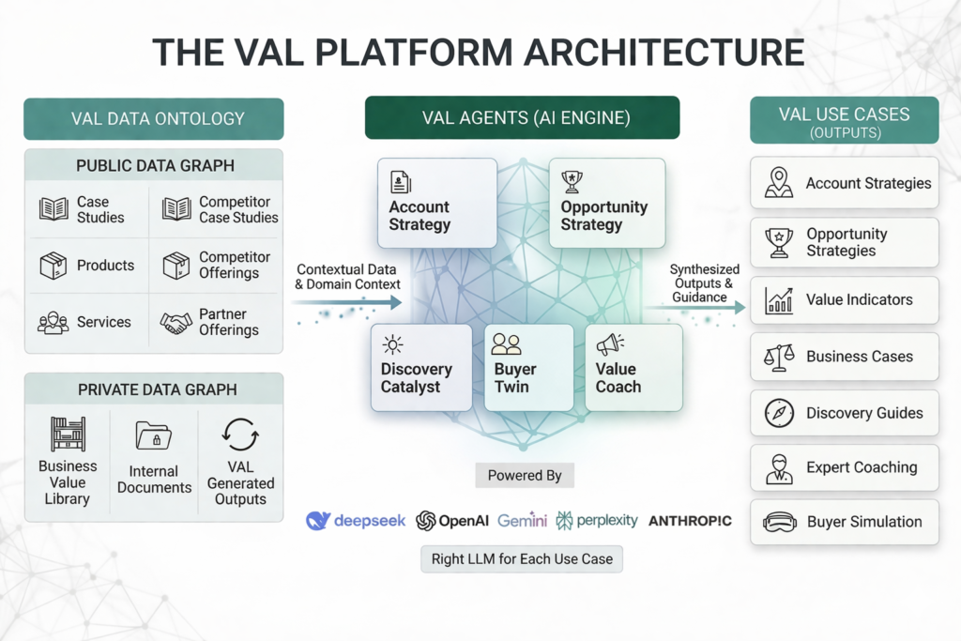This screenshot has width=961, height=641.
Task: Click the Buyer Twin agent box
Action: pos(529,367)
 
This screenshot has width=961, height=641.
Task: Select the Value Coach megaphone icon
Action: pos(610,344)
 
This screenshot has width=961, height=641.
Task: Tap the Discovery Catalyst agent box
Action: pos(421,367)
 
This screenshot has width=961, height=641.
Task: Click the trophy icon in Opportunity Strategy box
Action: pos(572,181)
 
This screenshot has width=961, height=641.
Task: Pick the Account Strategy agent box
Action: pos(437,203)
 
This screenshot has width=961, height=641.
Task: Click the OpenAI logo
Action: pos(452,521)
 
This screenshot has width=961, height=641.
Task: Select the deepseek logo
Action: pos(356,521)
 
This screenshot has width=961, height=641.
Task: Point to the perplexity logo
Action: pos(597,521)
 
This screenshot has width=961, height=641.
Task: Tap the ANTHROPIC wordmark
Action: pos(690,521)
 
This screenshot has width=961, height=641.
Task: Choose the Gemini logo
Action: pos(522,521)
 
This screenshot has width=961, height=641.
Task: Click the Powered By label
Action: pos(525,476)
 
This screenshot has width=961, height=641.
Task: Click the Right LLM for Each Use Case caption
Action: pos(522,559)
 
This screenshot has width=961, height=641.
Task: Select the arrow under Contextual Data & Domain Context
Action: pos(347,302)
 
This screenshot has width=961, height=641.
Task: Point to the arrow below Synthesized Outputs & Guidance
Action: pos(695,307)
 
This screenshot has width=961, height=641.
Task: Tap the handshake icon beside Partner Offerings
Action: pos(175,322)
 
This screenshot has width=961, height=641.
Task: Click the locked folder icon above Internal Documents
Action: pos(153,435)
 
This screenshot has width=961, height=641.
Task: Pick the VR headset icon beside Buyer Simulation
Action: pos(780,523)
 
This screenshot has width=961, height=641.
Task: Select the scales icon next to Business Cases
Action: pos(779,358)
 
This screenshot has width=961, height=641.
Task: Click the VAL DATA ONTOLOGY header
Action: pos(154,119)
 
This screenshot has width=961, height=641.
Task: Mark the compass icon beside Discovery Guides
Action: pos(779,413)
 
